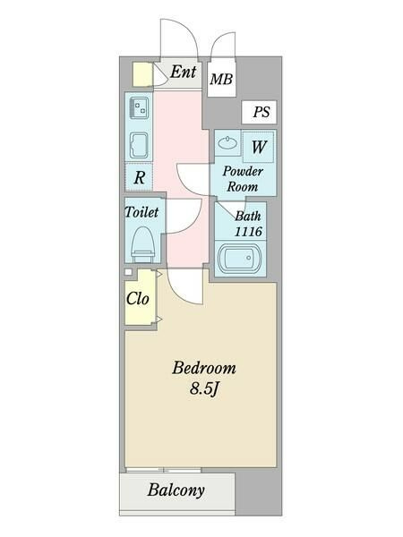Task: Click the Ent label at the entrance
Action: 184,72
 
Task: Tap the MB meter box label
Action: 221,79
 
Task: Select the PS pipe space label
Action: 262,112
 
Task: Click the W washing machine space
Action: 259,147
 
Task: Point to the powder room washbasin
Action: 227,142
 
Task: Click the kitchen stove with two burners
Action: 139,107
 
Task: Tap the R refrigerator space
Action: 139,177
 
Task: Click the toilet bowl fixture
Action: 143,244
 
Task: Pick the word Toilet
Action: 141,212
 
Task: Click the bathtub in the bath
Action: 239,258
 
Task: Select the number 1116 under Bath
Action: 248,232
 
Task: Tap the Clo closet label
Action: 137,299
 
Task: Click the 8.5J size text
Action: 204,388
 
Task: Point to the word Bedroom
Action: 204,368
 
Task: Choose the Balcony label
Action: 176,490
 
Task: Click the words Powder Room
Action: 243,179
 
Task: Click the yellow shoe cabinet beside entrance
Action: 142,74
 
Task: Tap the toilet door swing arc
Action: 193,223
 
